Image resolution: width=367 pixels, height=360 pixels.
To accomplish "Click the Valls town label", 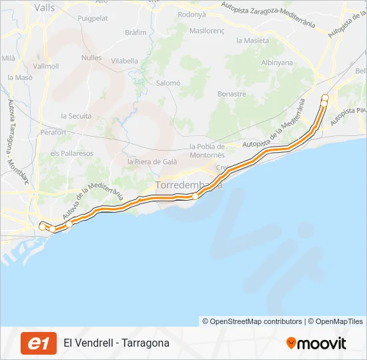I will tap(44, 8).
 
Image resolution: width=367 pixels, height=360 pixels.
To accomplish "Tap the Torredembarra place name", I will tap(188, 185).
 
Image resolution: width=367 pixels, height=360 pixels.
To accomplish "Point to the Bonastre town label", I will tap(232, 95).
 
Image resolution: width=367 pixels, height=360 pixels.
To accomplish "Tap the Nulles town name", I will tap(91, 58).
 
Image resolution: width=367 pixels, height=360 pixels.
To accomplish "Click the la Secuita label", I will tap(76, 116).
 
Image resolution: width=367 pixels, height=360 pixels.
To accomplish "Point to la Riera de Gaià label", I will tap(153, 162).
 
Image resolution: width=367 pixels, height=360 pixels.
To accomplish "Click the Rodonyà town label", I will tap(192, 14).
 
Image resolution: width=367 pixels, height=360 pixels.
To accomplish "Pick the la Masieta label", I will tap(252, 41).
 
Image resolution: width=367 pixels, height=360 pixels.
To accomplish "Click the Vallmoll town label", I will tap(46, 67).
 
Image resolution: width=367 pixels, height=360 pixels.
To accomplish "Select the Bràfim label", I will tap(135, 32).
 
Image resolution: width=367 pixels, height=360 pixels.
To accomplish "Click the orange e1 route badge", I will tap(39, 343).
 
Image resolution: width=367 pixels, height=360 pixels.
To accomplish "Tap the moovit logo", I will tap(316, 343).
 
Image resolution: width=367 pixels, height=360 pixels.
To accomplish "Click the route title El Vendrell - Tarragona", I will tap(117, 343).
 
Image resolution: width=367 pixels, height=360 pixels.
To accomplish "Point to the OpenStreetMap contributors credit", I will tap(252, 321).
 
